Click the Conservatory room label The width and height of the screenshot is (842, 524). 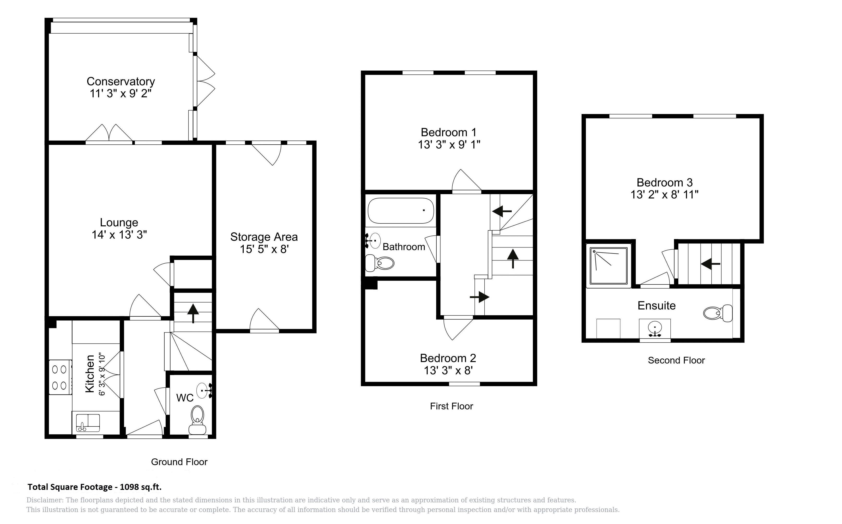pos(120,81)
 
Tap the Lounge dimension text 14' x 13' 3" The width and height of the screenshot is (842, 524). pos(119,235)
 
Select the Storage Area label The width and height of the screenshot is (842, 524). pos(264,237)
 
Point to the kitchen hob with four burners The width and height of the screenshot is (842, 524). pos(60,377)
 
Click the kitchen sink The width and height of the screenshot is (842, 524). pos(88,423)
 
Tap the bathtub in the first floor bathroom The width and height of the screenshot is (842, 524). pos(401,211)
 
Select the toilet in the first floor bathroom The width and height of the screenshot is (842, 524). pos(380,263)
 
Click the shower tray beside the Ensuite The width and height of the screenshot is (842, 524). pos(609,266)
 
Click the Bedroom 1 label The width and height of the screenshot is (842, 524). pos(448,132)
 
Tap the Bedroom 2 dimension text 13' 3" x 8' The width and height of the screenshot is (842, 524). pos(448,370)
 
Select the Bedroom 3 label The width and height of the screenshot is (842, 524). pos(664,183)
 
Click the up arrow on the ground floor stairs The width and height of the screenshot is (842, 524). pos(193,313)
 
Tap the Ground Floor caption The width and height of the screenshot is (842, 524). pos(179,462)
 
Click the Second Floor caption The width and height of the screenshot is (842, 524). pos(676,360)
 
